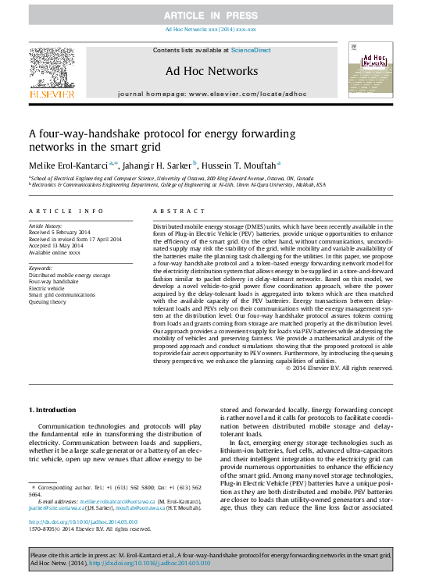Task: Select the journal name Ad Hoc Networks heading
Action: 212,71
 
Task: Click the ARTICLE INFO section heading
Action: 66,212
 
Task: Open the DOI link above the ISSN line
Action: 82,521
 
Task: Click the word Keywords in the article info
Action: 41,268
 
